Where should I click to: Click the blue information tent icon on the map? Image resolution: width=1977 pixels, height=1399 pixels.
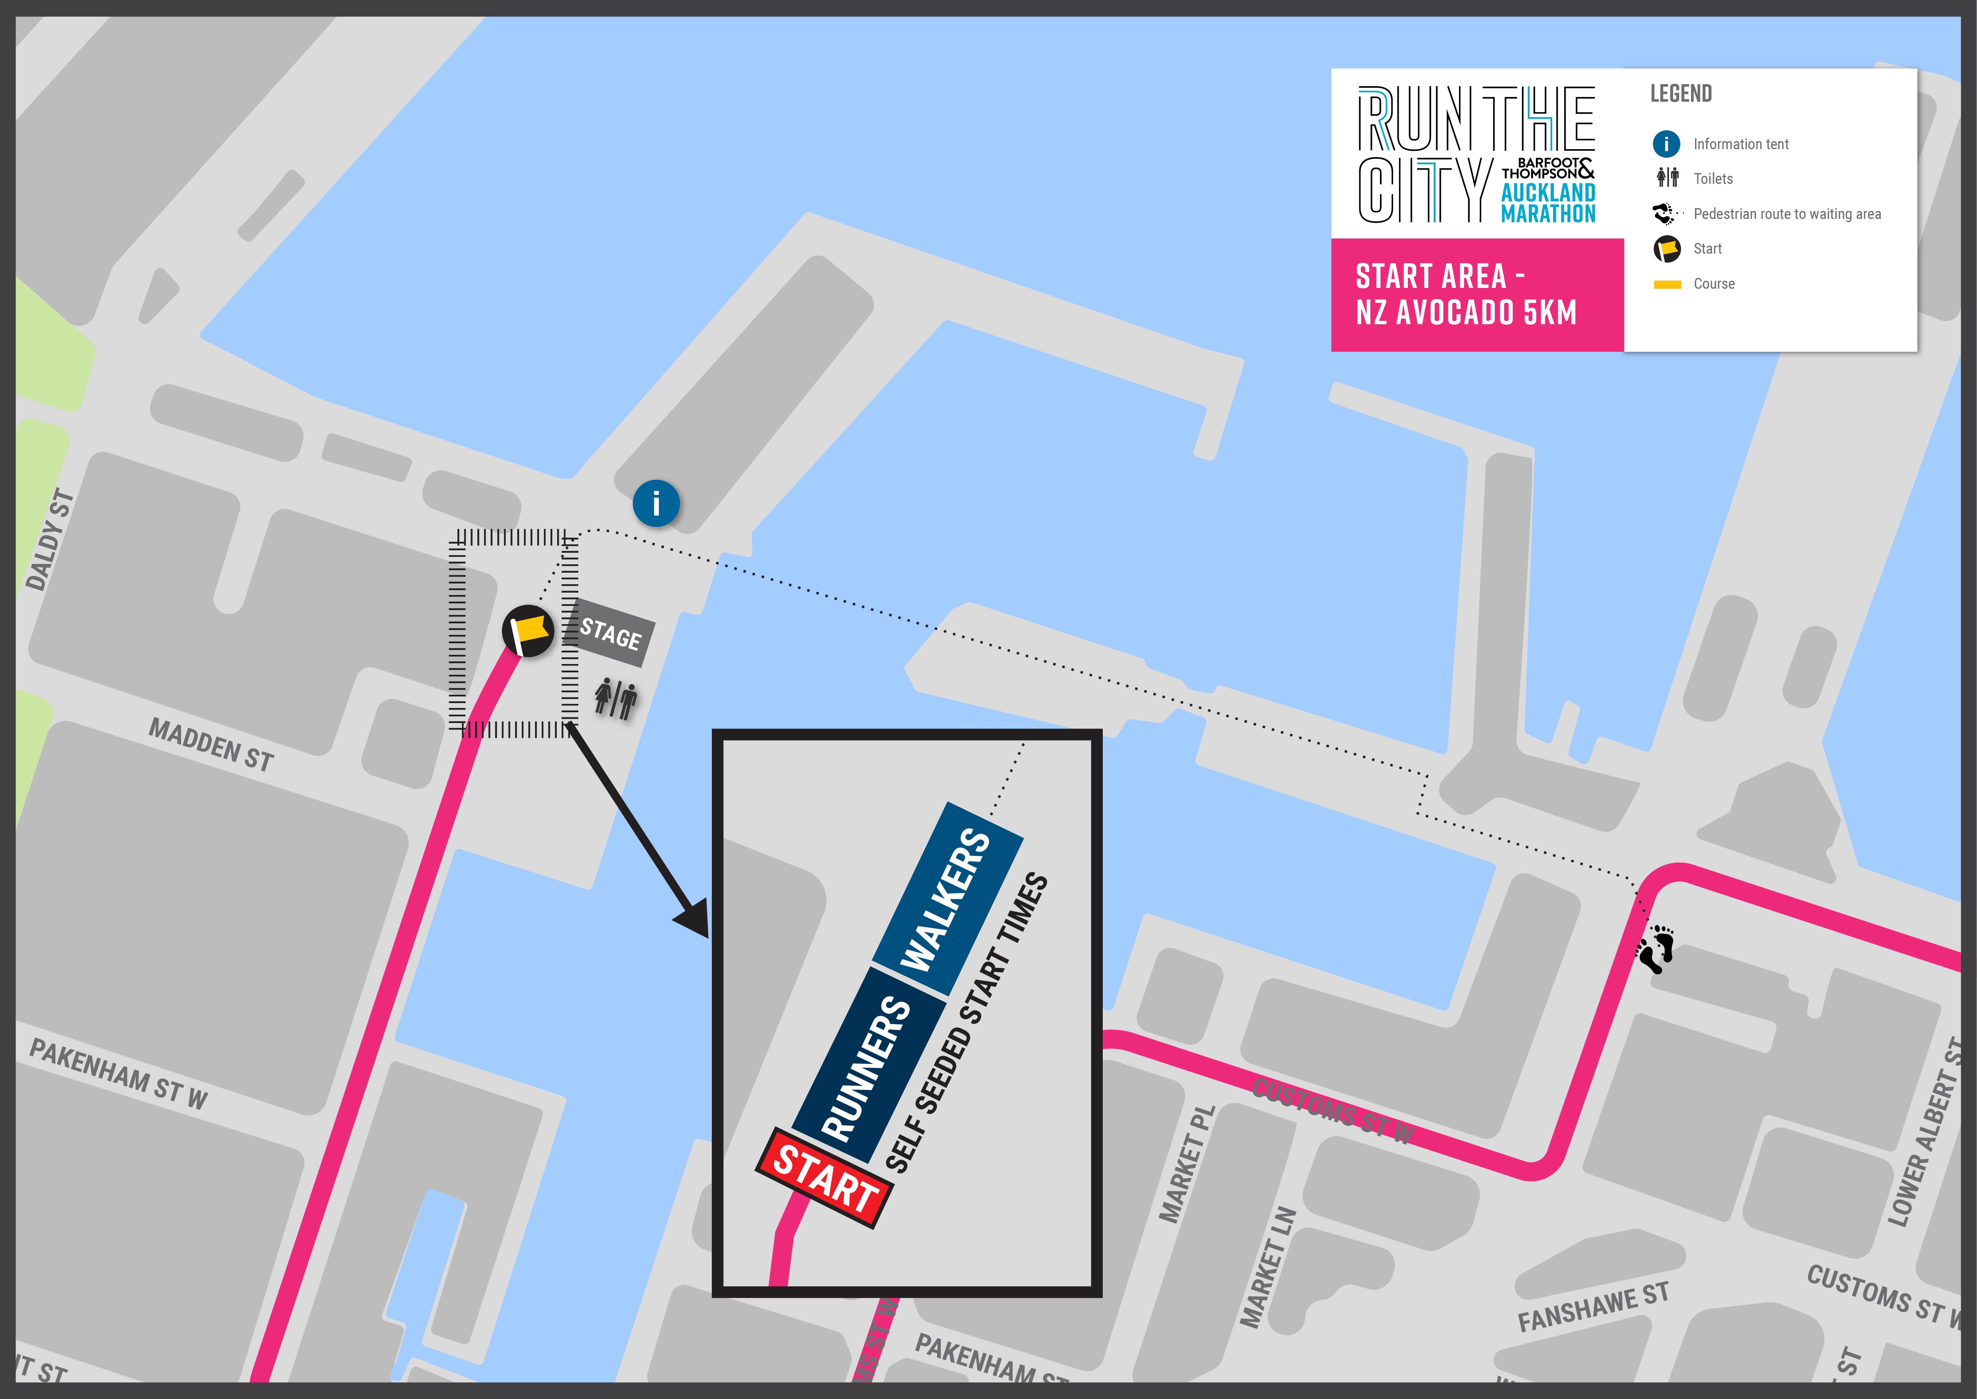(656, 503)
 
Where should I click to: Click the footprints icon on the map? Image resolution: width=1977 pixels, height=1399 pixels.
(1656, 949)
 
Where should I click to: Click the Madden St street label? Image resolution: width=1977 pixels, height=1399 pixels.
(211, 744)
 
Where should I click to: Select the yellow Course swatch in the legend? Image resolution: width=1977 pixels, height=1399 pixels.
(1667, 284)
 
